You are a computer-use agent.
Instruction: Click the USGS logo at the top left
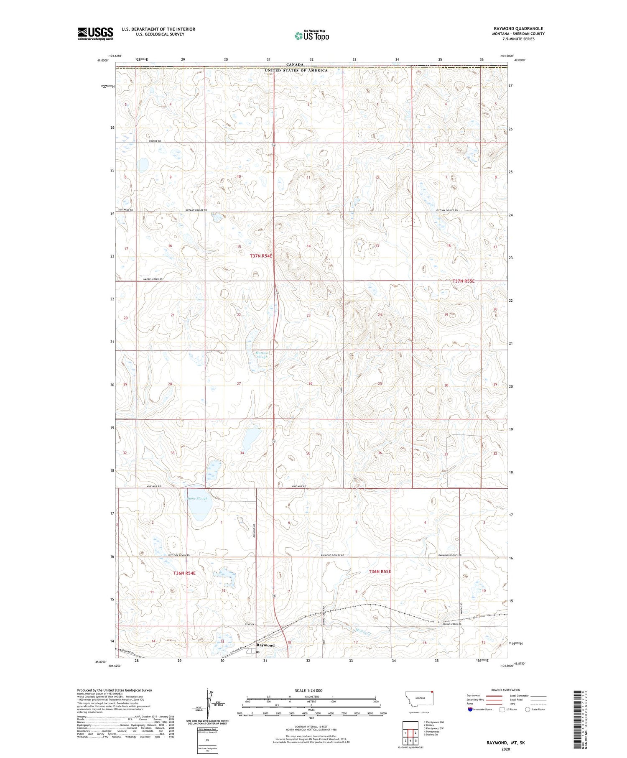point(95,33)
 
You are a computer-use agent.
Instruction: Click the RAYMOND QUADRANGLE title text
point(518,28)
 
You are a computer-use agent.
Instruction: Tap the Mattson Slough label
point(262,355)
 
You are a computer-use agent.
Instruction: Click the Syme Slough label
point(197,498)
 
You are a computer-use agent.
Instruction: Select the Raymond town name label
point(265,645)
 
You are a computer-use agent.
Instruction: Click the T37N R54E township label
point(261,256)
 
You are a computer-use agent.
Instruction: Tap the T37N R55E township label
point(464,281)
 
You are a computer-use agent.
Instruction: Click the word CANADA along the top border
point(295,65)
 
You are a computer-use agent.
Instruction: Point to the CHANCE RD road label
point(154,141)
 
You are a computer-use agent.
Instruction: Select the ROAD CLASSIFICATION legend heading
point(506,690)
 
